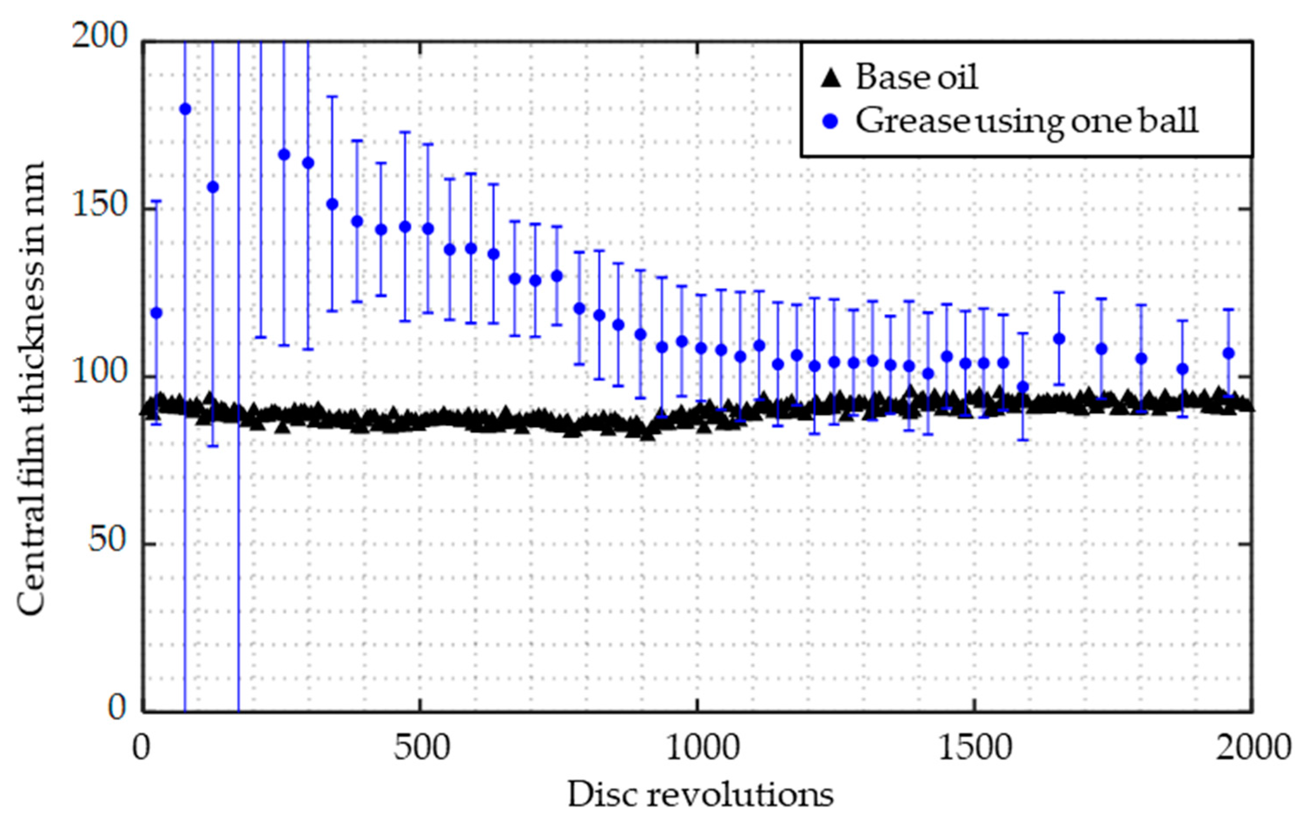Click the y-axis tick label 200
click(99, 38)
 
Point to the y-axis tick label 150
click(99, 206)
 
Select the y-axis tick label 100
click(99, 374)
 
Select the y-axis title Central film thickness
click(31, 388)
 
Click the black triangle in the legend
click(830, 78)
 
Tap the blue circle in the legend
click(830, 122)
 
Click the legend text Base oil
click(917, 77)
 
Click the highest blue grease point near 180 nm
click(185, 109)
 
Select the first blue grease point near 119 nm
click(156, 313)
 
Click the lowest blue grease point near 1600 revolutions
click(1023, 387)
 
